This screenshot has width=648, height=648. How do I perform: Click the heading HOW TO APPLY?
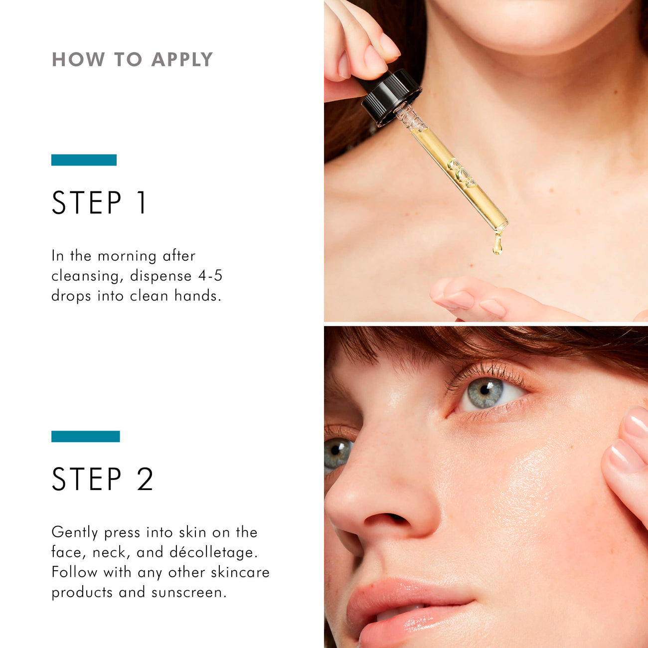point(132,59)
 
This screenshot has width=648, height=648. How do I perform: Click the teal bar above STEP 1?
point(84,160)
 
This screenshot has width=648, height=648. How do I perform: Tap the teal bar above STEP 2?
point(85,436)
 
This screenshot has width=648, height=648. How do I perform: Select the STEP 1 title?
point(100,203)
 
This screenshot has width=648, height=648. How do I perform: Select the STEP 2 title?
point(103,479)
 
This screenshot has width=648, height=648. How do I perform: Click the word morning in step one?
point(127,256)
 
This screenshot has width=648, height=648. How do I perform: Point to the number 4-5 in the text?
point(210,276)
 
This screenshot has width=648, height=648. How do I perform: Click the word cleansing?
point(86,276)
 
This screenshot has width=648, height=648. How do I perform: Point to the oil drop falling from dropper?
point(497,245)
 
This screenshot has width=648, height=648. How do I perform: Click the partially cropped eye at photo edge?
point(337,451)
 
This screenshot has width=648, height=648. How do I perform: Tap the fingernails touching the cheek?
point(631,439)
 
